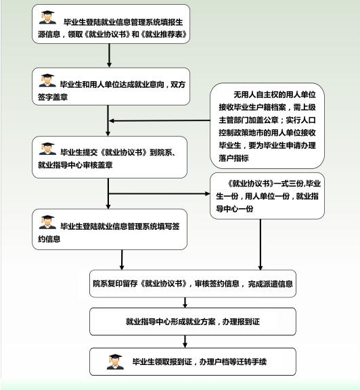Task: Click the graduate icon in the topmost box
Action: coord(47,17)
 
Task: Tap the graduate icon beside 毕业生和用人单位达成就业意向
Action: coord(47,80)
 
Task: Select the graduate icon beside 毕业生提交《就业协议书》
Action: coord(47,149)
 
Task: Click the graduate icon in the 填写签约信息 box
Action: coord(47,222)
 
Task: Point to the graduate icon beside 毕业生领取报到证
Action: coord(115,362)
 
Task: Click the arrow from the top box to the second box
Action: coord(109,55)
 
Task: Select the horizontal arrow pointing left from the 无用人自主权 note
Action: coord(160,120)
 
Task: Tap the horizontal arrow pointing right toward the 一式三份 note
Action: coord(159,193)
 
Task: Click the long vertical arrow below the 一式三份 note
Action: coord(261,245)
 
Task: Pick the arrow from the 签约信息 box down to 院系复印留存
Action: coord(122,260)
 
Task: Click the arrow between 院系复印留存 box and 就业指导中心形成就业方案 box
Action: coord(185,302)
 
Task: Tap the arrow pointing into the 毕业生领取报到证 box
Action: coord(185,341)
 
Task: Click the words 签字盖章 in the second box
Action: coord(53,97)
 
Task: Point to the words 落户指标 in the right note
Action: coord(233,158)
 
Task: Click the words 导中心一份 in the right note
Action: coord(235,208)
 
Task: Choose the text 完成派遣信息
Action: coord(270,284)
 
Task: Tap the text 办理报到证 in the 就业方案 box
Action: coord(241,322)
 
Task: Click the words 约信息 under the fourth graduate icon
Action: coord(49,239)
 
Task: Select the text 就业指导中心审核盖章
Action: coord(75,165)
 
